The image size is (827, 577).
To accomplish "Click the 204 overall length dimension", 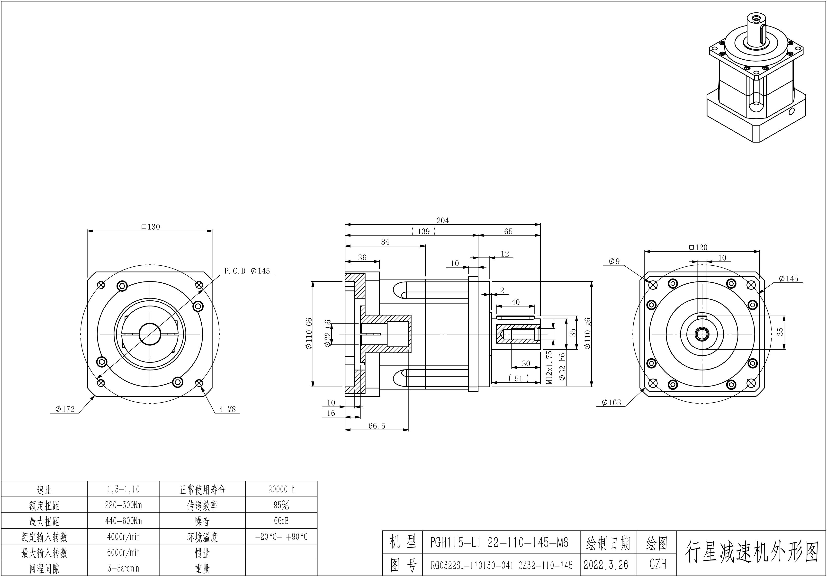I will pos(443,220).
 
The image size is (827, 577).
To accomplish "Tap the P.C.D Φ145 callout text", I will pos(247,271).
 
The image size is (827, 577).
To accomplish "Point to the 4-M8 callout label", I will pos(227,409).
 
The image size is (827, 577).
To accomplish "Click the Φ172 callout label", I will pos(65,409).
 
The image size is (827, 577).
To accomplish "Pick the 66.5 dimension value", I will pos(377,426).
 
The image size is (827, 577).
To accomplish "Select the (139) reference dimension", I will pos(423,231).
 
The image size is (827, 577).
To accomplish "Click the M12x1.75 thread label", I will pos(549,367).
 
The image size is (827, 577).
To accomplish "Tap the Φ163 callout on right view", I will pos(611,402).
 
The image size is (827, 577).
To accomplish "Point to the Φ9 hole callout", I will pos(614,261).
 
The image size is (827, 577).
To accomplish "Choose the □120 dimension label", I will pos(698,247).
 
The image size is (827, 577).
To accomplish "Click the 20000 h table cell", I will pos(281,489).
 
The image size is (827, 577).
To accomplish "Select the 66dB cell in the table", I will pos(281,521).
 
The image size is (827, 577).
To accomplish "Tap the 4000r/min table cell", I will pos(123,537).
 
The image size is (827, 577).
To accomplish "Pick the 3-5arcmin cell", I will pos(123,568).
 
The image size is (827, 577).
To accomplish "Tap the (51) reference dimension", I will pos(519,378).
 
